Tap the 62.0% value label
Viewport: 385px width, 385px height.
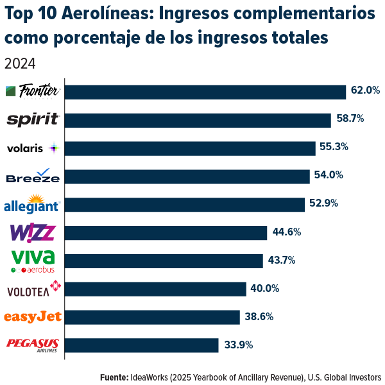click(x=365, y=90)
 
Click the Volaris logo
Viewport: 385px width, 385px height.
click(x=32, y=148)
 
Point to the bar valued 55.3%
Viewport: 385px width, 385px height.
click(x=190, y=148)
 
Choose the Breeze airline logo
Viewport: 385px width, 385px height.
click(x=32, y=176)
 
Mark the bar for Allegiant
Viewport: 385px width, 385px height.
click(x=185, y=204)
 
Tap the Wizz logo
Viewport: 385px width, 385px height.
click(x=32, y=232)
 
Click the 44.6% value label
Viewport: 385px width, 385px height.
click(x=287, y=232)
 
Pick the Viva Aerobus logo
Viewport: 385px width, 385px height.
click(x=32, y=261)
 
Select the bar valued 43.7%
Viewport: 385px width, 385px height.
click(x=164, y=261)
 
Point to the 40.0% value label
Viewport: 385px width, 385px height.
click(x=265, y=288)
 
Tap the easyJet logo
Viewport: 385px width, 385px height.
click(x=32, y=316)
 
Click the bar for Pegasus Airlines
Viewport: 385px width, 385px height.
click(x=142, y=345)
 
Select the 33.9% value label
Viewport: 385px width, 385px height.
click(x=239, y=345)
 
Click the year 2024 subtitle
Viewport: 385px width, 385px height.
click(x=19, y=64)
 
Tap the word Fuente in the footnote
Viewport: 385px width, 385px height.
click(x=113, y=377)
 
